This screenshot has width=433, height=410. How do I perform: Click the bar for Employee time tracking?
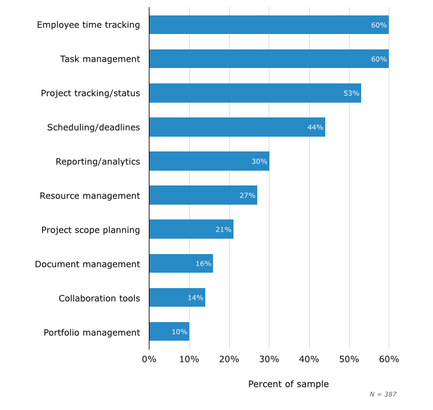click(x=268, y=25)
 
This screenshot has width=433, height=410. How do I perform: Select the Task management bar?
click(x=268, y=59)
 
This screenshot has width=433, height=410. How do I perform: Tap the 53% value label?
click(x=351, y=93)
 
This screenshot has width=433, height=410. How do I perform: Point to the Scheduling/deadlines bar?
click(x=237, y=127)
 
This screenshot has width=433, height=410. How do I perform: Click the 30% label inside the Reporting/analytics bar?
click(x=259, y=162)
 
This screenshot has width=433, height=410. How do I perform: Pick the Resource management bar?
click(x=203, y=195)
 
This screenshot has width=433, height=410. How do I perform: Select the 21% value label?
click(x=223, y=230)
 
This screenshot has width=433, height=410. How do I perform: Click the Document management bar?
click(x=180, y=264)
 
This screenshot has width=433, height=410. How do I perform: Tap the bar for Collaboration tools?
click(x=176, y=298)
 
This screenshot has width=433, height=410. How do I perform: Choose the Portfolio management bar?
click(x=169, y=332)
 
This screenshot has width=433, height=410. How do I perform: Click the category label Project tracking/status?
click(x=90, y=93)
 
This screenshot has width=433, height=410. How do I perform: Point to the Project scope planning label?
click(x=90, y=230)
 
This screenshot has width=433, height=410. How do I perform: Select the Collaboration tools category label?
click(x=99, y=298)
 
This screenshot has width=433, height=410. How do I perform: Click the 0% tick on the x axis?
click(x=149, y=359)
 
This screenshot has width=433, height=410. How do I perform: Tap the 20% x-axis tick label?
click(x=229, y=359)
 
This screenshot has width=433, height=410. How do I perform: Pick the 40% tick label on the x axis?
click(x=309, y=359)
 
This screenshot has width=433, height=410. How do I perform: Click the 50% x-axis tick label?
click(x=349, y=359)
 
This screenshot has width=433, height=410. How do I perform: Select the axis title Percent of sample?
click(x=288, y=384)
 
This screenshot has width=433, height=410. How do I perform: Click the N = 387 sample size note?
click(x=383, y=394)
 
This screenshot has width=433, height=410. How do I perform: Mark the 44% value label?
click(x=315, y=127)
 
